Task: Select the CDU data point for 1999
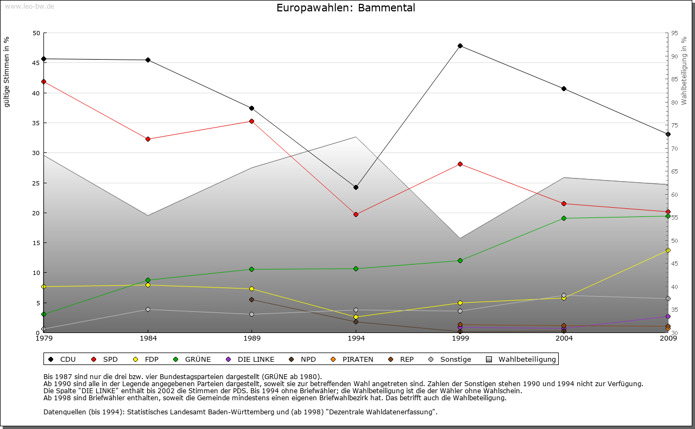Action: (x=460, y=46)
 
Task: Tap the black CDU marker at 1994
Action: (x=356, y=187)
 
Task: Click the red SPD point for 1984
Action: (x=148, y=139)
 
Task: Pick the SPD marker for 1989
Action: (x=252, y=121)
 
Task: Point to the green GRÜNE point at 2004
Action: (x=564, y=218)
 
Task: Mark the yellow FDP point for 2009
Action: (x=668, y=250)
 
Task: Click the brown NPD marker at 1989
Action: (x=252, y=299)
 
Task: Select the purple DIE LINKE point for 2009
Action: (x=668, y=316)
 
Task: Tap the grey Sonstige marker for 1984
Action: (x=148, y=309)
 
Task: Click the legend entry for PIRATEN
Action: (x=352, y=359)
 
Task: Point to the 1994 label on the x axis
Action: (x=356, y=338)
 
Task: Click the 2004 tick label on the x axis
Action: (x=564, y=338)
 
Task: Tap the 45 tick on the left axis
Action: (x=36, y=63)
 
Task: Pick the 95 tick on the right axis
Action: (x=674, y=33)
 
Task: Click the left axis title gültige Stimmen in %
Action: (x=7, y=72)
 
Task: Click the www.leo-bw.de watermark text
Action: (x=29, y=6)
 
